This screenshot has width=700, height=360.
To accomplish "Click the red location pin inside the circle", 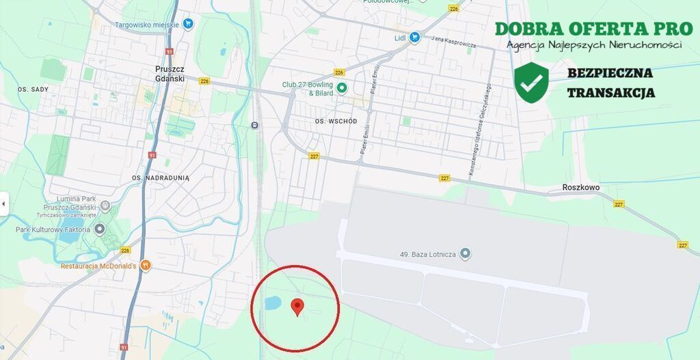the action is (x=297, y=307).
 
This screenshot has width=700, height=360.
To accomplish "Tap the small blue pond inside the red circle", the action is (x=271, y=303).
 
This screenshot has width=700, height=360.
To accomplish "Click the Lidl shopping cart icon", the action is (x=414, y=38).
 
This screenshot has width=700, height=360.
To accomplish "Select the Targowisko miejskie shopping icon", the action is (x=188, y=25).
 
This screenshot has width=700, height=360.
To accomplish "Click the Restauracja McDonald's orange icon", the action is (x=145, y=266).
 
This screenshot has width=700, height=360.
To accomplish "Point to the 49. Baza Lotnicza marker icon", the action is (x=466, y=254).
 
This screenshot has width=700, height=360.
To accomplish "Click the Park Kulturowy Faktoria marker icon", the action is (x=100, y=230).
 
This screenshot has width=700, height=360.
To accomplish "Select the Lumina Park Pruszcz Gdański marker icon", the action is (x=105, y=205).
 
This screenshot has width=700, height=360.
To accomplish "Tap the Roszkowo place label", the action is (x=580, y=187).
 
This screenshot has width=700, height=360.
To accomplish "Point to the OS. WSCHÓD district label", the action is (x=336, y=121).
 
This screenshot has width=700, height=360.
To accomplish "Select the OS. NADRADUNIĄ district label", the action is (x=161, y=178).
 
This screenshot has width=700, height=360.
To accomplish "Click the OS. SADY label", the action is (x=32, y=89).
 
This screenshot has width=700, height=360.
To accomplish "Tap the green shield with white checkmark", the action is (x=531, y=83).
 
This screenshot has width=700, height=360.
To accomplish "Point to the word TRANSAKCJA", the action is (x=610, y=93).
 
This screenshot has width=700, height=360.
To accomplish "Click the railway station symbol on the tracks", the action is (x=254, y=125).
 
